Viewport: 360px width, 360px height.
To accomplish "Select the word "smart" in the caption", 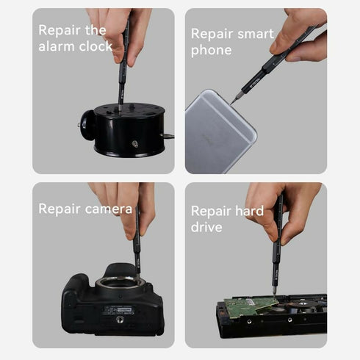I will [254, 34].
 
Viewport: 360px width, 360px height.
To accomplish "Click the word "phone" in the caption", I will [211, 50].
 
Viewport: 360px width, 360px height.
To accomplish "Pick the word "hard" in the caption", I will [248, 211].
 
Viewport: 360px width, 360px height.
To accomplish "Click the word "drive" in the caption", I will [206, 227].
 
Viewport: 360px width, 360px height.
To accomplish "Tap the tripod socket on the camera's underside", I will [119, 320].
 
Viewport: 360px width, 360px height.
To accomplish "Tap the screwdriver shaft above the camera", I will [137, 242].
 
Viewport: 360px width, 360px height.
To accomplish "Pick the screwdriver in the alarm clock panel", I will [123, 66].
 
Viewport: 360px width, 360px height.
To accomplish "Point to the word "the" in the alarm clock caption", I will [96, 30].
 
